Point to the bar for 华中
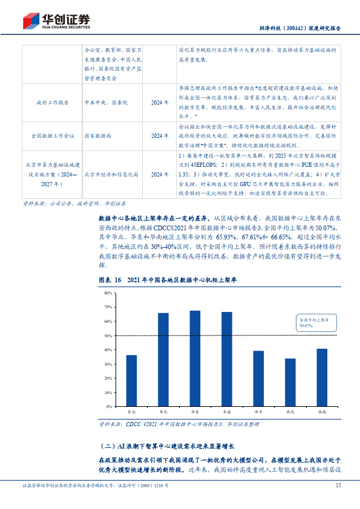pos(258,378)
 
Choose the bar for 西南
pos(322,377)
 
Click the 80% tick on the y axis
pos(108,293)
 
